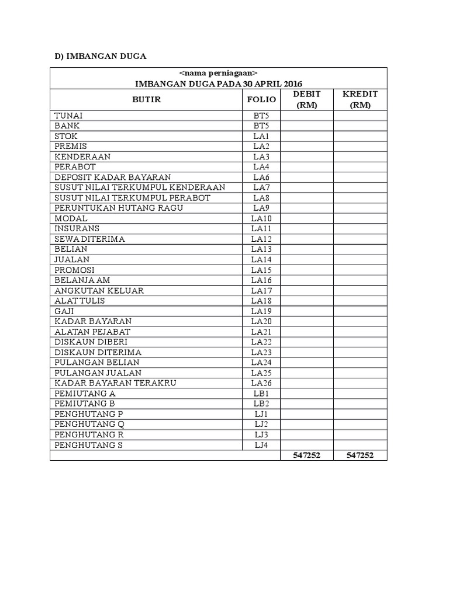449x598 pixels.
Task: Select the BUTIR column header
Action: click(x=146, y=100)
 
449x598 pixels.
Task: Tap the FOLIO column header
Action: click(x=261, y=100)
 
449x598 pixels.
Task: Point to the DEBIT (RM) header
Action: click(x=307, y=99)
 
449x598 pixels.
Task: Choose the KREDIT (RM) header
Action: click(x=360, y=99)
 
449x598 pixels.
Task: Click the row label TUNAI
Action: click(x=69, y=115)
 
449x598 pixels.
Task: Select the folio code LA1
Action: click(x=261, y=136)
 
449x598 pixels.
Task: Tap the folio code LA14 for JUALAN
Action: click(x=261, y=259)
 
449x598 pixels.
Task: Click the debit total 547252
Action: click(x=307, y=456)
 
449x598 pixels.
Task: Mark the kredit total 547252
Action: click(x=360, y=456)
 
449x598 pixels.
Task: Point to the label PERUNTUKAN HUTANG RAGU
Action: click(x=118, y=208)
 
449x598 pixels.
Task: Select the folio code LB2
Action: click(x=261, y=404)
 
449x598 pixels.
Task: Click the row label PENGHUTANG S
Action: click(x=89, y=445)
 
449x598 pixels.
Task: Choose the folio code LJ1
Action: click(x=261, y=414)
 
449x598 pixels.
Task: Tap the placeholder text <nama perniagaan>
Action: click(x=219, y=73)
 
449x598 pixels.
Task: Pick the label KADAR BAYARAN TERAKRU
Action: click(x=115, y=383)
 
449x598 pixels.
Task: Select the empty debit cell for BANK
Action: click(x=307, y=126)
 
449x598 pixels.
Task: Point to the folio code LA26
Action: click(x=261, y=383)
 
